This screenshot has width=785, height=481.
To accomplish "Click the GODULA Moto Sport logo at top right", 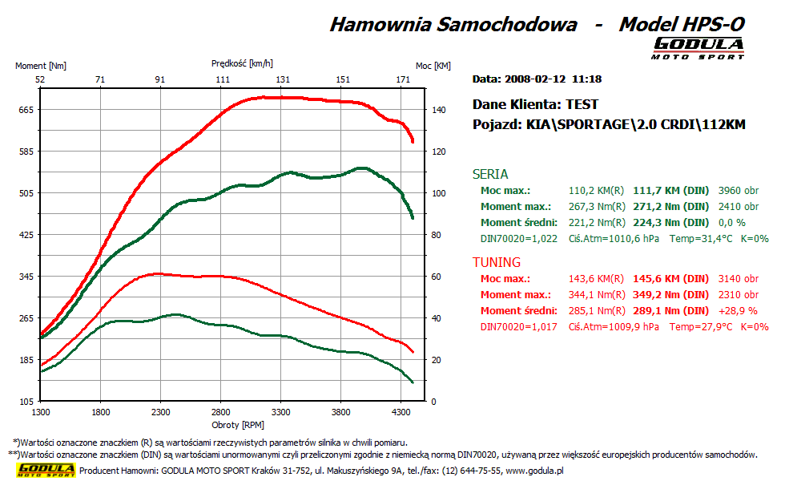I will click(698, 48).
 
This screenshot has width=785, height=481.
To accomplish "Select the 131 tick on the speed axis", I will click(283, 79).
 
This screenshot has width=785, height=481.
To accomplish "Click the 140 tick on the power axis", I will click(438, 110).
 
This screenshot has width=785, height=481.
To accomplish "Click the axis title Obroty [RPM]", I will click(238, 424).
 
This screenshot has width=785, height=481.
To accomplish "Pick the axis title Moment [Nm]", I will click(41, 66).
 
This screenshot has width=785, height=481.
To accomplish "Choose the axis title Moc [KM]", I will click(433, 66).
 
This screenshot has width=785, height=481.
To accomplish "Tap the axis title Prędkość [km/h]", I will click(242, 63).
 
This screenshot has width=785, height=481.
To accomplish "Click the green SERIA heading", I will click(490, 174).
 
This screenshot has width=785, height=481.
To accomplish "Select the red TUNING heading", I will click(497, 262).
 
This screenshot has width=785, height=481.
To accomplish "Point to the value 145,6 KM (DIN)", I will click(671, 279).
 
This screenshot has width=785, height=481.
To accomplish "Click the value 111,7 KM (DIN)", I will click(671, 191).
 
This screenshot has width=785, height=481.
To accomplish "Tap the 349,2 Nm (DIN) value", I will click(671, 295).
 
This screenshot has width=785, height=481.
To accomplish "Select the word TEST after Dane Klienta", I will click(582, 104).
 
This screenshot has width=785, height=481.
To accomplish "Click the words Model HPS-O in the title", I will click(681, 24).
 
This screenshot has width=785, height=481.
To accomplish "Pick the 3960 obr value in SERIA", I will click(739, 191).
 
